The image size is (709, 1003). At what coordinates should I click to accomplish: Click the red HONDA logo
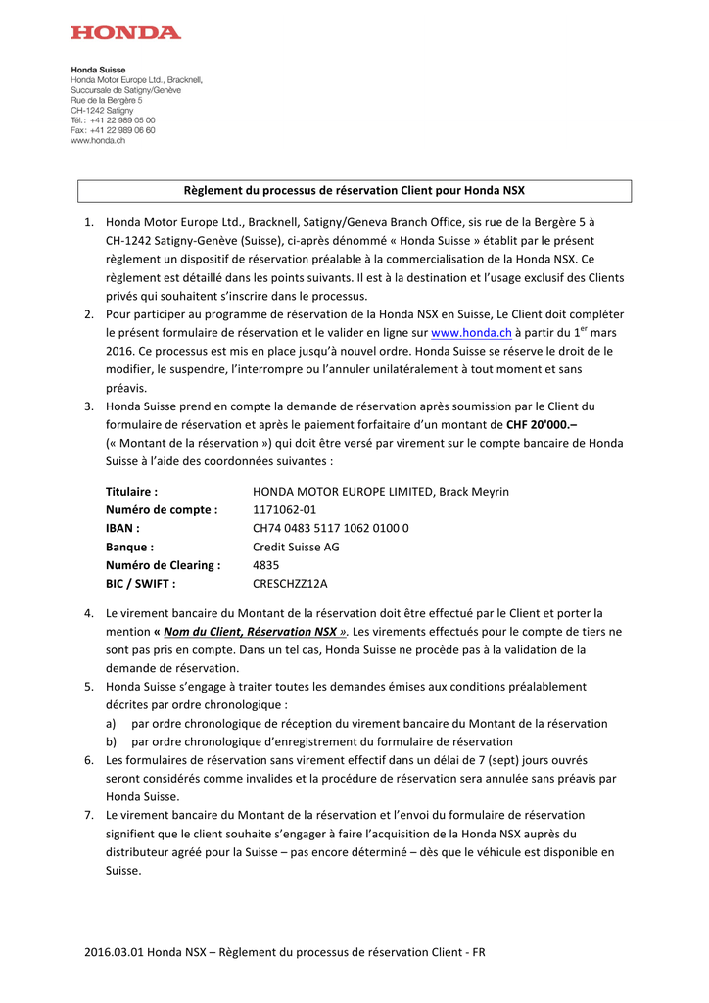coord(125,32)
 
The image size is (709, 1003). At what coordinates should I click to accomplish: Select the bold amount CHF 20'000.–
coord(542,425)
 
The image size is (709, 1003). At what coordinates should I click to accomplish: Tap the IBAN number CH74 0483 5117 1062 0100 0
coord(331,529)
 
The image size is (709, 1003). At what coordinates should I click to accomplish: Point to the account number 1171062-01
coord(285,510)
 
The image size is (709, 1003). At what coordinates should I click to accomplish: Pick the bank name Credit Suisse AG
coord(296,548)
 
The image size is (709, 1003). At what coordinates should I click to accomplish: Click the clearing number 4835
coord(266,566)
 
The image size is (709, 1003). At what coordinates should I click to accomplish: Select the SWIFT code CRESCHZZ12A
coord(291,585)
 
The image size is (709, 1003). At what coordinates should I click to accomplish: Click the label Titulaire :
coord(131,492)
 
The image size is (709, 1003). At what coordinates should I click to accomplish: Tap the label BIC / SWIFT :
coord(140,585)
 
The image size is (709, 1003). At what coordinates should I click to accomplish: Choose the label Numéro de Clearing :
coord(163,566)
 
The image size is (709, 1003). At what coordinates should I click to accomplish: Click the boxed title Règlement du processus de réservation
coord(354,190)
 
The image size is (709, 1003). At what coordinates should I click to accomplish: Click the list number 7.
coord(88,815)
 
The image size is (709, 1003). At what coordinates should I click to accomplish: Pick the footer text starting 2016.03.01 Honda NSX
coord(284,952)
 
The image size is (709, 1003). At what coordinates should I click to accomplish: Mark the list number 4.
coord(88,613)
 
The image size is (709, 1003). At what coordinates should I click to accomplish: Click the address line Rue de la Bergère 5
coord(106,100)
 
